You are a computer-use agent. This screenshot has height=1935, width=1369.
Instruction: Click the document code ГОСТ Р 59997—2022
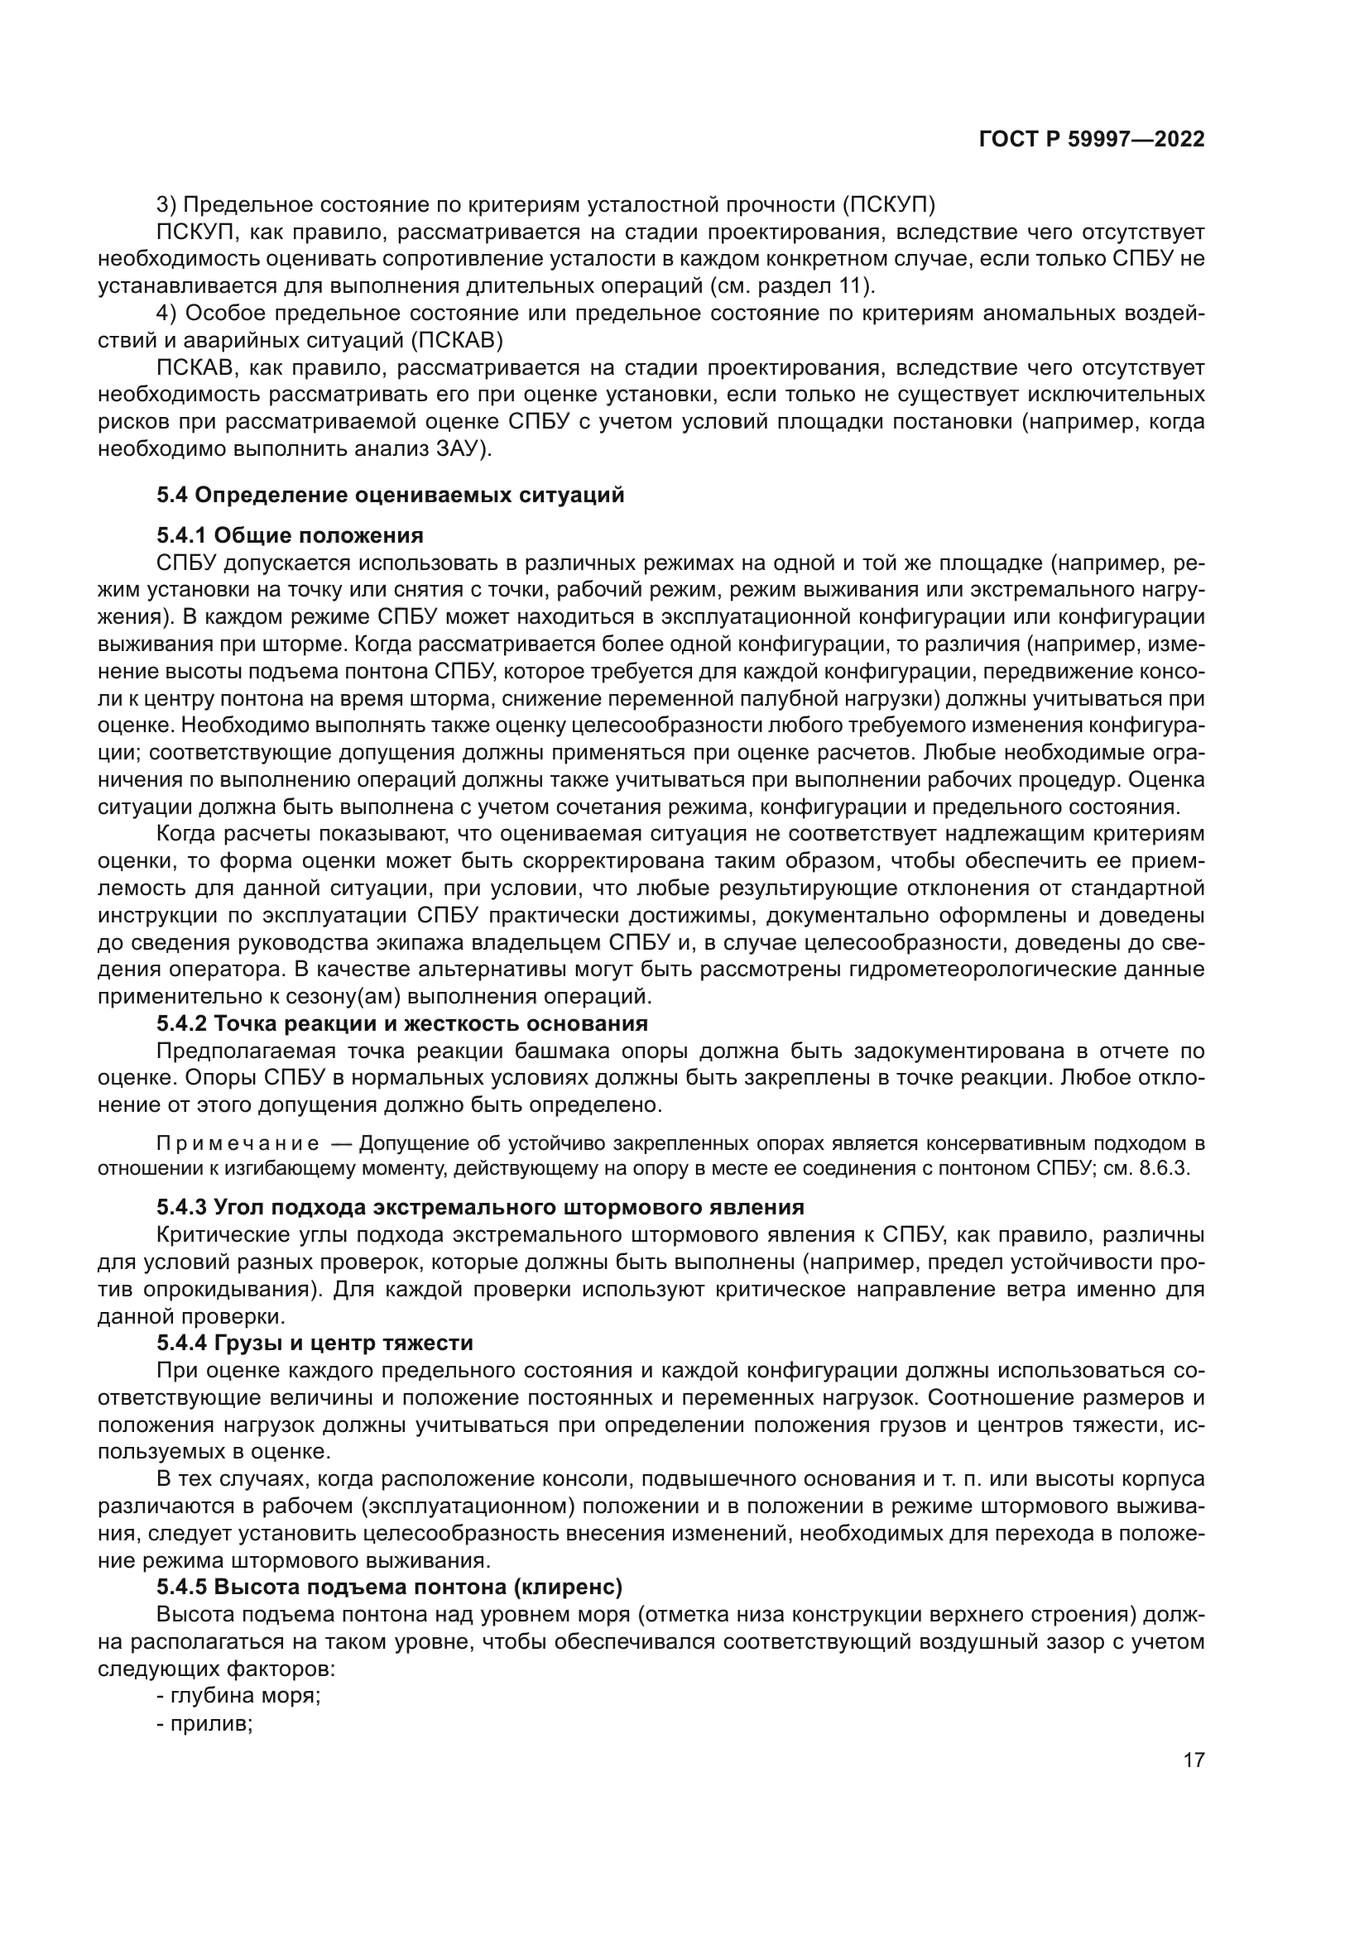click(x=1092, y=140)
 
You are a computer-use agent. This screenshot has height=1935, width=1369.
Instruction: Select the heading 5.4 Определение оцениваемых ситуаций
click(x=391, y=495)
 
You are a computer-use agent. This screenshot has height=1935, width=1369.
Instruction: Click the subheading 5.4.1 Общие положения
click(x=290, y=535)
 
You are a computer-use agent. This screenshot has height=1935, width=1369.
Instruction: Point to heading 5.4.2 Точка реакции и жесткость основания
click(x=402, y=1024)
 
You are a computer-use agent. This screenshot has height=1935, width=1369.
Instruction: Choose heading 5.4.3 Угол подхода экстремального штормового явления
click(x=481, y=1208)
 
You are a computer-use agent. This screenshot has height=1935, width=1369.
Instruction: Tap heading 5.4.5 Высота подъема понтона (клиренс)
click(x=390, y=1587)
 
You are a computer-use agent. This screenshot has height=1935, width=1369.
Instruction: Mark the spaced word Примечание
click(x=238, y=1143)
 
